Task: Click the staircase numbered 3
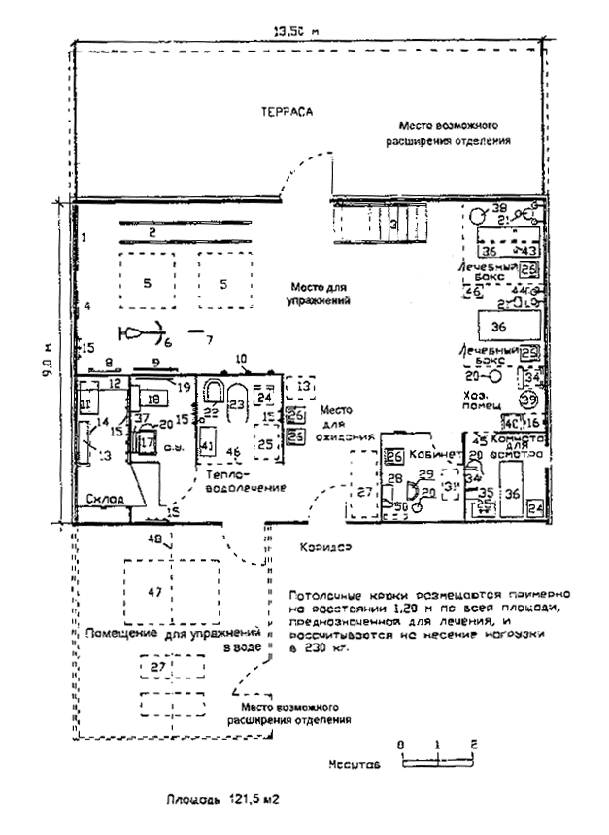(392, 225)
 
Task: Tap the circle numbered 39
(528, 400)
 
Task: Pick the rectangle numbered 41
(206, 446)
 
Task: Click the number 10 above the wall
(242, 359)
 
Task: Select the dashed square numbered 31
(450, 485)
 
